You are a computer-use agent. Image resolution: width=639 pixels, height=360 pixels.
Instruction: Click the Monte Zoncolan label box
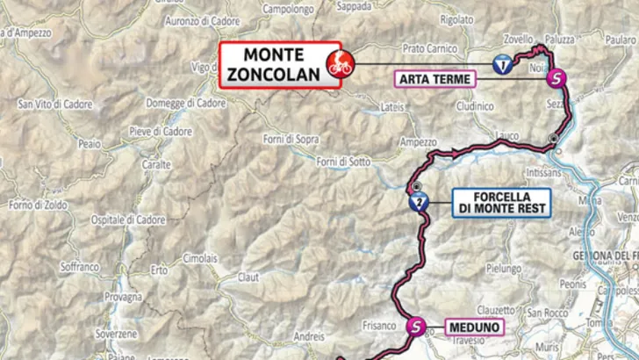point(268,62)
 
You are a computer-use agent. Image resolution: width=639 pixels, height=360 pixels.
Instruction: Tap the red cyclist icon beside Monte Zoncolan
point(339,63)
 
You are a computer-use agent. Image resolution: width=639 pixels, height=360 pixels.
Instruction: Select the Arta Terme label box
point(435,80)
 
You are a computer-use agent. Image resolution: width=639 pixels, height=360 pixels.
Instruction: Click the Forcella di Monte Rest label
point(501,203)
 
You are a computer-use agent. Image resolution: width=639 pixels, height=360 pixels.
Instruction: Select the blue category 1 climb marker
point(500,64)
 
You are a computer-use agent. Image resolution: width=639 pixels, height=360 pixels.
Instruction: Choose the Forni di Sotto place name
point(344,162)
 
